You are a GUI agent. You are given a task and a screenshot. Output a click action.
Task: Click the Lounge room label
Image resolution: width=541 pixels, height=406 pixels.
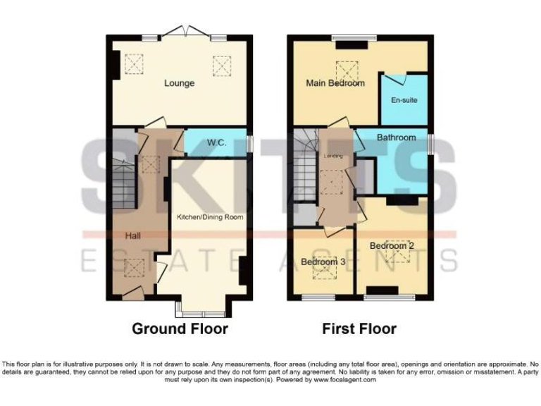pyautogui.click(x=179, y=83)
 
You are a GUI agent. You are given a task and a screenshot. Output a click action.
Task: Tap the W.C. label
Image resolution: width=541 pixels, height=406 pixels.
pyautogui.click(x=216, y=142)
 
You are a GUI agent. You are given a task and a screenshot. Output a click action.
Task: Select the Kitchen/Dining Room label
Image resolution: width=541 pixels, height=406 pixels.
pyautogui.click(x=210, y=217)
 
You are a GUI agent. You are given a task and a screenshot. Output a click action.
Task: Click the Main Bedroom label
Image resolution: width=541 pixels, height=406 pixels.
pyautogui.click(x=335, y=83)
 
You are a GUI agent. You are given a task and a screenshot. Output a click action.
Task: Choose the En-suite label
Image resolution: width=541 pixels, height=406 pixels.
pyautogui.click(x=404, y=100)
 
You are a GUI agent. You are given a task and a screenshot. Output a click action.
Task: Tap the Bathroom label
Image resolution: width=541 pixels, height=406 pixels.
pyautogui.click(x=396, y=137)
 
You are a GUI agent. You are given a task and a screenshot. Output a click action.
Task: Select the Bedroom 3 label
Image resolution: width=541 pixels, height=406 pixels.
pyautogui.click(x=323, y=262)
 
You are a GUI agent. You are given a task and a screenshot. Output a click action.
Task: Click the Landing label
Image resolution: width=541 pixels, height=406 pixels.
pyautogui.click(x=332, y=156)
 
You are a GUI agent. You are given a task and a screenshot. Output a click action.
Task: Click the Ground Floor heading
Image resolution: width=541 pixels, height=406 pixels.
pyautogui.click(x=180, y=328)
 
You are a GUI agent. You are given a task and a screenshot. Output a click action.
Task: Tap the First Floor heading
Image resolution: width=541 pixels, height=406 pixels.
pyautogui.click(x=359, y=328)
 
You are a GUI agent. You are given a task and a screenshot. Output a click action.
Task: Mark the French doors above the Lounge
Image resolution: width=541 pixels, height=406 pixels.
pyautogui.click(x=185, y=32)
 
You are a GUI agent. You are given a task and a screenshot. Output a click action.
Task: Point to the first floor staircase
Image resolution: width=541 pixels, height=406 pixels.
pyautogui.click(x=305, y=176)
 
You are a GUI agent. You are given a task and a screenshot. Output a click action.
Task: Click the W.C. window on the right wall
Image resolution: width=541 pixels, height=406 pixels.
pyautogui.click(x=249, y=142)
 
